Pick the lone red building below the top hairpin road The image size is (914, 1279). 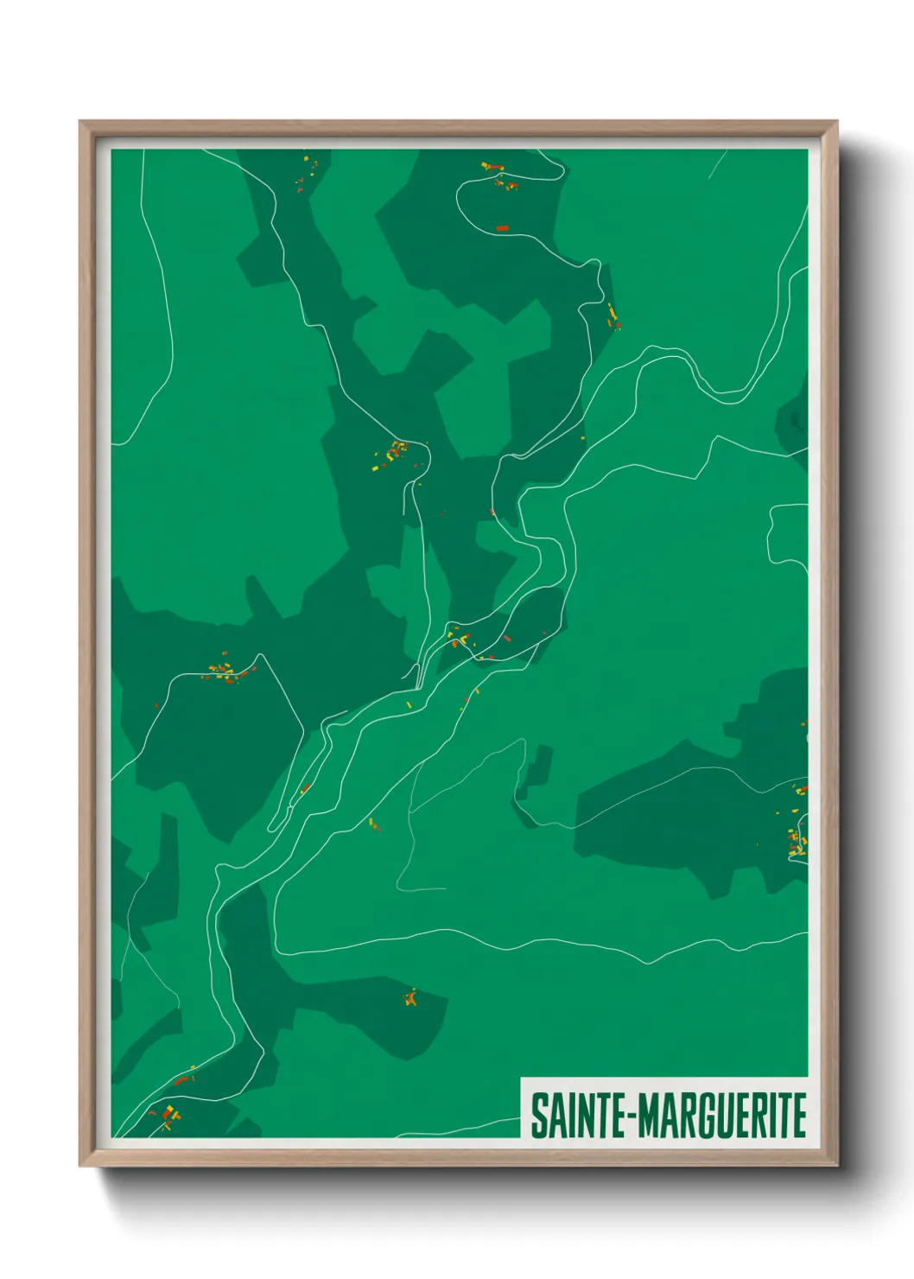502,228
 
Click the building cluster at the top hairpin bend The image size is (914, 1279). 499,175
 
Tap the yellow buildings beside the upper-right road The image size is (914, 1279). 613,315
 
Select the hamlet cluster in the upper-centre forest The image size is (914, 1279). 396,453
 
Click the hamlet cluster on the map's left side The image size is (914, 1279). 225,671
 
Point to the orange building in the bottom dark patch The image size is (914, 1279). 410,998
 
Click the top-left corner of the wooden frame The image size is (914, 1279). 81,123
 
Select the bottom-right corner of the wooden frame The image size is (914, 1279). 835,1164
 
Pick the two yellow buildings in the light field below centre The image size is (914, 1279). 374,824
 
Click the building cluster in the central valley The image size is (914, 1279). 462,640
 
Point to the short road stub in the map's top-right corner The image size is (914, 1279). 717,164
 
